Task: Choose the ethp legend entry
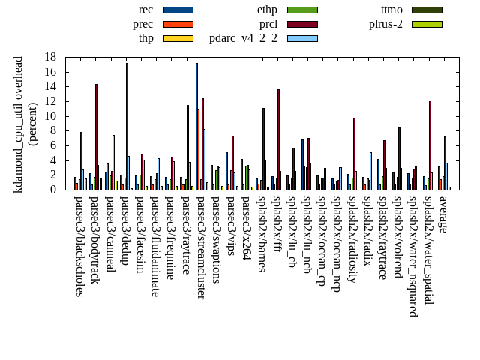click(267, 10)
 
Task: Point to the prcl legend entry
click(268, 24)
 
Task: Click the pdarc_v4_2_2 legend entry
click(243, 38)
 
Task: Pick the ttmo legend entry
click(391, 10)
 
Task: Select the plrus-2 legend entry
click(385, 24)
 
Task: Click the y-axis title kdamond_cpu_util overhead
click(19, 124)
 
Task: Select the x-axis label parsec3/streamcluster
click(201, 247)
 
